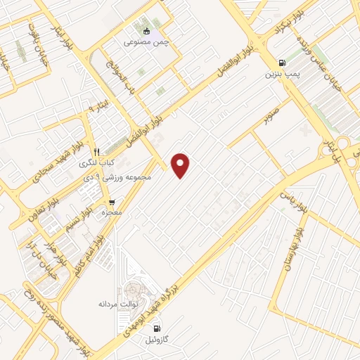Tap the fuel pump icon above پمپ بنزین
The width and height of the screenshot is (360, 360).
(x=282, y=62)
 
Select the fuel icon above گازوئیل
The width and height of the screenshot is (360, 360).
(x=156, y=328)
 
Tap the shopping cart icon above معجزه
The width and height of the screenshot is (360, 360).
(x=111, y=202)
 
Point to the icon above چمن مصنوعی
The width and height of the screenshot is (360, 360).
(x=146, y=32)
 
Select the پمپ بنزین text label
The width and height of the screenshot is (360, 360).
(x=283, y=73)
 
